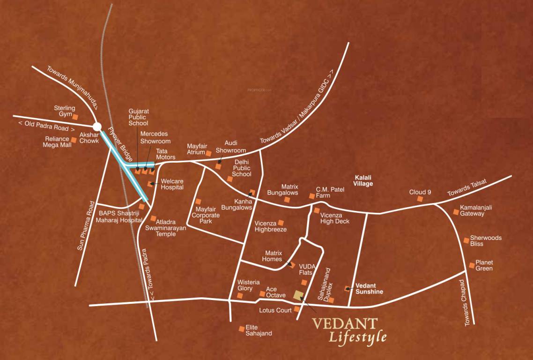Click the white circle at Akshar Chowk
[97, 127]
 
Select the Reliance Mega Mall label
[58, 142]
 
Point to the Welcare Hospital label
[172, 184]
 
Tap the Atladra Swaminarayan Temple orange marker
[154, 218]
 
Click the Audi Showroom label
[231, 147]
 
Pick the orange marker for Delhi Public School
[229, 179]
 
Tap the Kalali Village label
[363, 181]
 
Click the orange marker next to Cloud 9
[420, 199]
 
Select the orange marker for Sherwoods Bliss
[466, 240]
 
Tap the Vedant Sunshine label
[369, 288]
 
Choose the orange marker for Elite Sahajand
[242, 329]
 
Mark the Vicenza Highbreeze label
[271, 226]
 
